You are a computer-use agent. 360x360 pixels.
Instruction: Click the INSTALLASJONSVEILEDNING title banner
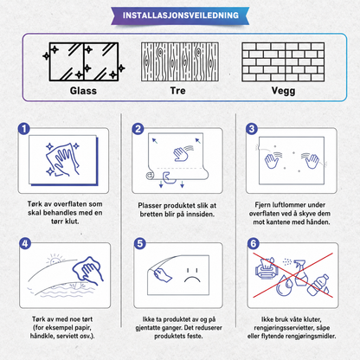(180, 16)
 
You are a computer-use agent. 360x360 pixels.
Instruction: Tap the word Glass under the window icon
(83, 91)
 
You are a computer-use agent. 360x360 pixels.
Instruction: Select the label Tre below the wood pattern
(177, 91)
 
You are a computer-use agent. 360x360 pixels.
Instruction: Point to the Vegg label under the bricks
(283, 91)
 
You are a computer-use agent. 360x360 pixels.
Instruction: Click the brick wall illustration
(283, 61)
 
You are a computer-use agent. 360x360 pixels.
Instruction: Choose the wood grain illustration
(179, 61)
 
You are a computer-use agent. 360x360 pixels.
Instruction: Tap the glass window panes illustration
(84, 61)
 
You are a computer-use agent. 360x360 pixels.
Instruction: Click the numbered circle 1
(24, 129)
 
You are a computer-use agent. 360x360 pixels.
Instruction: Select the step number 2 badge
(138, 129)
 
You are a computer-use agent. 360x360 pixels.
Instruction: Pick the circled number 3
(252, 129)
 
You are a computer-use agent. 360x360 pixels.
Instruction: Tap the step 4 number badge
(25, 243)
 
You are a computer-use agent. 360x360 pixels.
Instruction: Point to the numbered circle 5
(140, 243)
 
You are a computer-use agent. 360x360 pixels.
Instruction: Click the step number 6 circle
(254, 244)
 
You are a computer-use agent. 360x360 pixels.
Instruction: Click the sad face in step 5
(192, 276)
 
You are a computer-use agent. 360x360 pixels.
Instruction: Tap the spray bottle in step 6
(300, 273)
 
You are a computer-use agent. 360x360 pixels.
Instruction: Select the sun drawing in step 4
(55, 260)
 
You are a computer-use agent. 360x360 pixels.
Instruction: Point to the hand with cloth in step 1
(62, 159)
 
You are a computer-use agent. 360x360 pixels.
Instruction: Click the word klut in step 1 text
(72, 222)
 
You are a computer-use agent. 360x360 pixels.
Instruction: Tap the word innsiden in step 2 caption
(200, 215)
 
